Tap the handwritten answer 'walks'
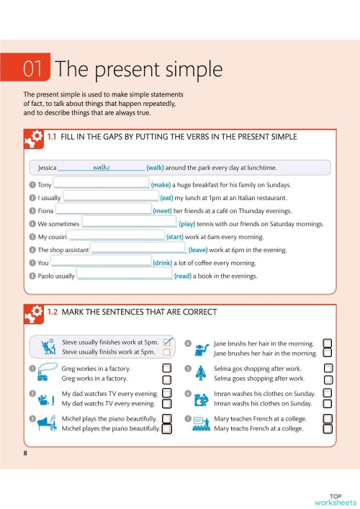102,167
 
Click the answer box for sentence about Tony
101,184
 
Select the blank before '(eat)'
111,196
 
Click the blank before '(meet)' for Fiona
104,210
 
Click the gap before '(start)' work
116,236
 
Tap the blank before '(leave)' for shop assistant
138,249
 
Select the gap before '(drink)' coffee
102,262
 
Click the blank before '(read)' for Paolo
124,275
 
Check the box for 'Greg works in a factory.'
166,378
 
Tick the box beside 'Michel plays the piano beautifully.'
166,418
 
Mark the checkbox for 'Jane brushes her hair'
328,353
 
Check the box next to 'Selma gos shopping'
328,368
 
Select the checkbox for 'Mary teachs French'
328,418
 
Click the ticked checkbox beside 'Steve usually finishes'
168,342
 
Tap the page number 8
25,453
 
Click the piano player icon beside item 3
48,423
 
